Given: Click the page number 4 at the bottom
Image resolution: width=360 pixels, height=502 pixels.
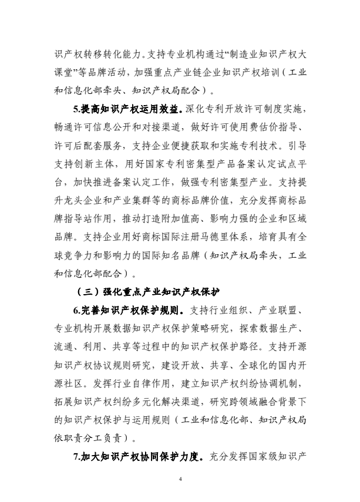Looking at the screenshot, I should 180,480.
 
